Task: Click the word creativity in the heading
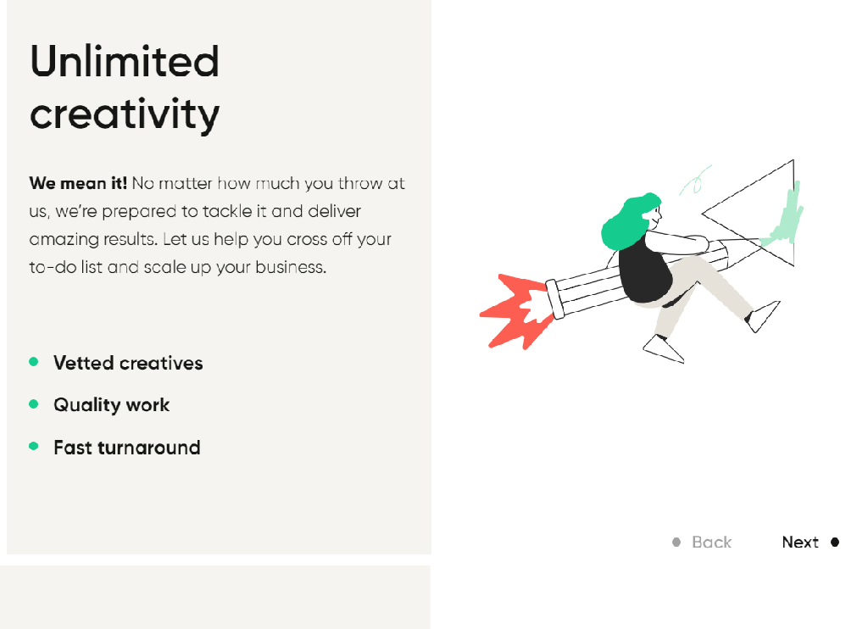(x=125, y=114)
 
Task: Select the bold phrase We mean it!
(x=78, y=183)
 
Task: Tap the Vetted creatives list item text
(x=129, y=363)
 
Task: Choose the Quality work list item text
(x=111, y=404)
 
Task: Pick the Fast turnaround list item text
(x=127, y=448)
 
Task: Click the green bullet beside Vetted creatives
(x=34, y=362)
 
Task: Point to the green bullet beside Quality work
(x=34, y=404)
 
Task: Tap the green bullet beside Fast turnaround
(x=34, y=446)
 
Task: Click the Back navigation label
(x=712, y=542)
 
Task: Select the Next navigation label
(x=800, y=542)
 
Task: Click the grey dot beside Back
(x=676, y=542)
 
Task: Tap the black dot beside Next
(x=835, y=542)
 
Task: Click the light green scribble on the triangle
(x=786, y=216)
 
